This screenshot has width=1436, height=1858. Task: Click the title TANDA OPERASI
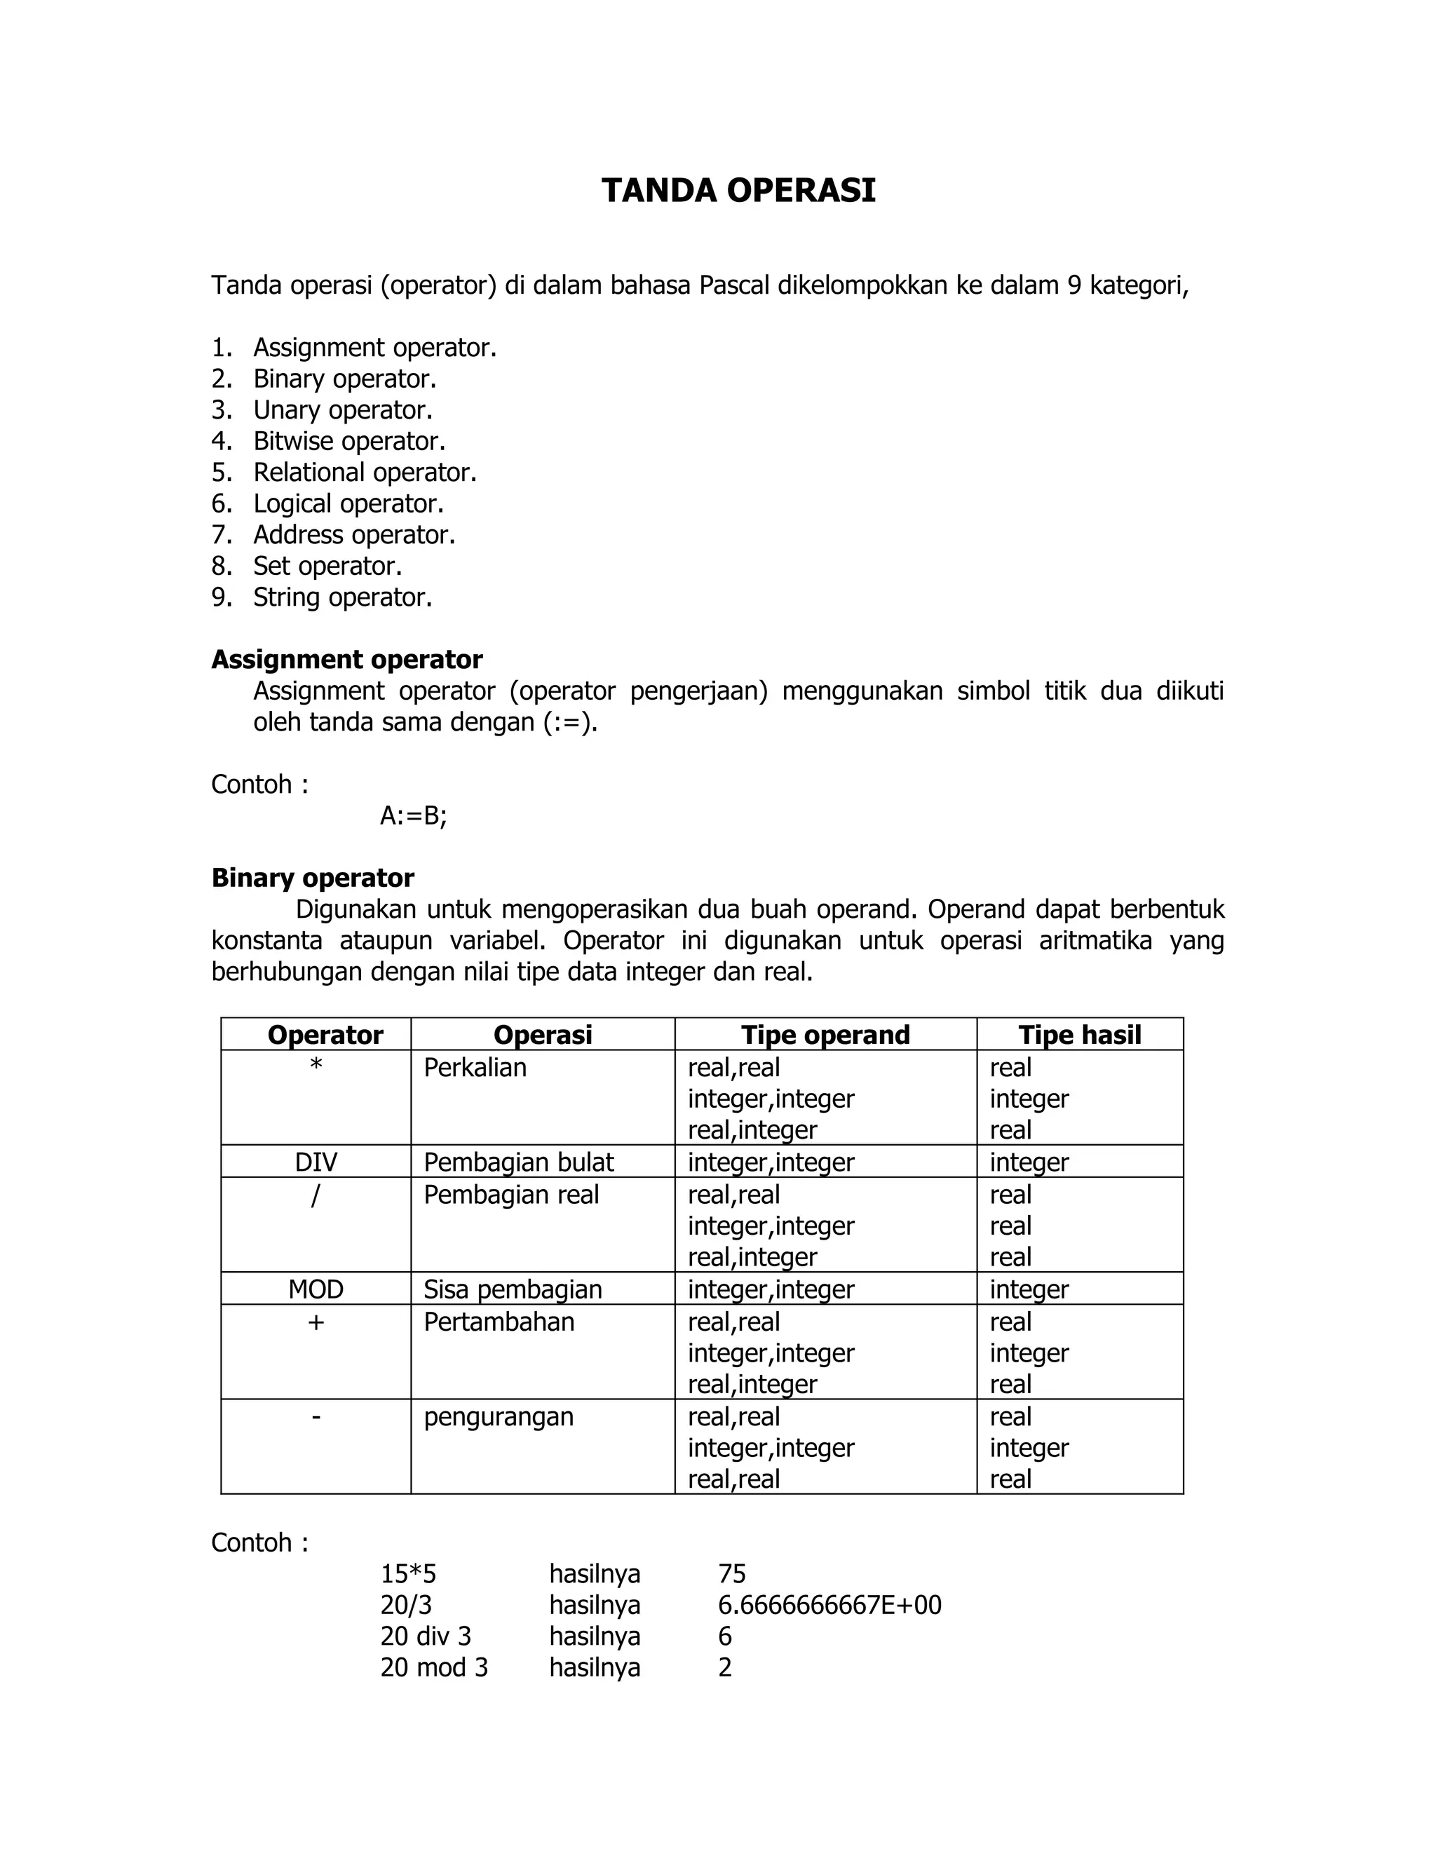pyautogui.click(x=738, y=191)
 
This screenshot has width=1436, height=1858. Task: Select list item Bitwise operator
pyautogui.click(x=348, y=441)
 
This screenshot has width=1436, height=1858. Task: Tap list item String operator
pyautogui.click(x=342, y=597)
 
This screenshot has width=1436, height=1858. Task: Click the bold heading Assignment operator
pyautogui.click(x=346, y=659)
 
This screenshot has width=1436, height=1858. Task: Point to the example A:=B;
pyautogui.click(x=414, y=816)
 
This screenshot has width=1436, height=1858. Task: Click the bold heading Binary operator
pyautogui.click(x=312, y=878)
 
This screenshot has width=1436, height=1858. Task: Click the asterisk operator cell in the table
pyautogui.click(x=316, y=1065)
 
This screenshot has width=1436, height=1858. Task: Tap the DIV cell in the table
pyautogui.click(x=316, y=1162)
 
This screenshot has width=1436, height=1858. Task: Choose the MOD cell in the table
pyautogui.click(x=316, y=1289)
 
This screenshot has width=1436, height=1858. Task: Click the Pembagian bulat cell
pyautogui.click(x=518, y=1162)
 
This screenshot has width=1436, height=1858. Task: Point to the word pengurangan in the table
pyautogui.click(x=499, y=1417)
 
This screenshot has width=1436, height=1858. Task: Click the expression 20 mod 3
pyautogui.click(x=434, y=1667)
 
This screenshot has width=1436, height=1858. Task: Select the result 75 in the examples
pyautogui.click(x=731, y=1574)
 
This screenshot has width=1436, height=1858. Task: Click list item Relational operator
pyautogui.click(x=364, y=472)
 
